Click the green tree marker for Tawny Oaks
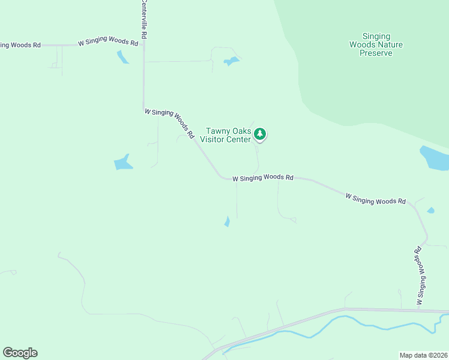pos(260,134)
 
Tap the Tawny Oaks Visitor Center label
pos(228,135)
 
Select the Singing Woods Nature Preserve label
pos(376,45)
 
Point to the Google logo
pos(20,353)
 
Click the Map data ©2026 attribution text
pos(423,355)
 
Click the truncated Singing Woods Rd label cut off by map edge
pos(20,45)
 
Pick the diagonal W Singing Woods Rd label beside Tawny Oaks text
pos(170,122)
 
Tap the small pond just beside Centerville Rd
pos(122,57)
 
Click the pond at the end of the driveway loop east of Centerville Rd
pos(231,61)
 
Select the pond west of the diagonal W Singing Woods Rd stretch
pos(123,162)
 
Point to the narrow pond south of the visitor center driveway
pos(227,221)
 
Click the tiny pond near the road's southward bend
pos(430,210)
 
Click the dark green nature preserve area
pos(372,84)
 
